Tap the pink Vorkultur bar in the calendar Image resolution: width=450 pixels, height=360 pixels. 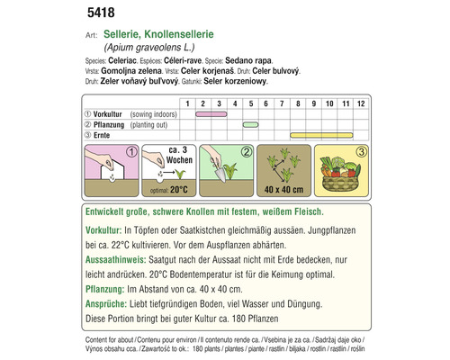[210, 113]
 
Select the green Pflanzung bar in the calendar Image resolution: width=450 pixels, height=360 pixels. [251, 124]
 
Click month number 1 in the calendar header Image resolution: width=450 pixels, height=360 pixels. [187, 103]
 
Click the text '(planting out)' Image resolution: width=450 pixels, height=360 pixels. [154, 124]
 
